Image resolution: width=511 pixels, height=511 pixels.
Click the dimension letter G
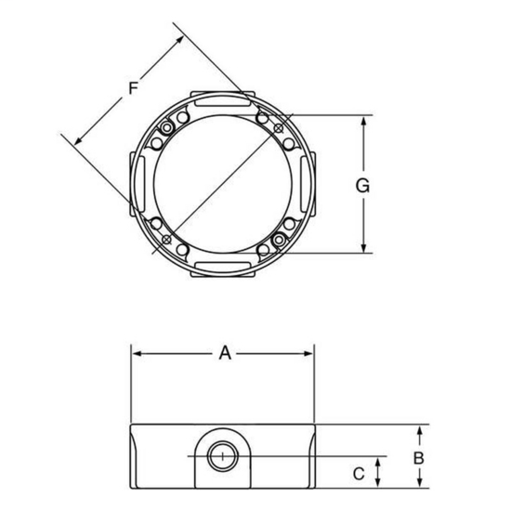(363, 185)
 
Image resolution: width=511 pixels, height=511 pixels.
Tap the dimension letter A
(223, 352)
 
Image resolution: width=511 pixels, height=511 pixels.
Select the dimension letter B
(419, 458)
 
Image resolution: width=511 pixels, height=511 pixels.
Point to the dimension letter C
(359, 473)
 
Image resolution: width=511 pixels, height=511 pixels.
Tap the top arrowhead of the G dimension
(363, 121)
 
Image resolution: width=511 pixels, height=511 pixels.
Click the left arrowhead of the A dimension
(136, 353)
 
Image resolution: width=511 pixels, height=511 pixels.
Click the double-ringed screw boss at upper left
(167, 126)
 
